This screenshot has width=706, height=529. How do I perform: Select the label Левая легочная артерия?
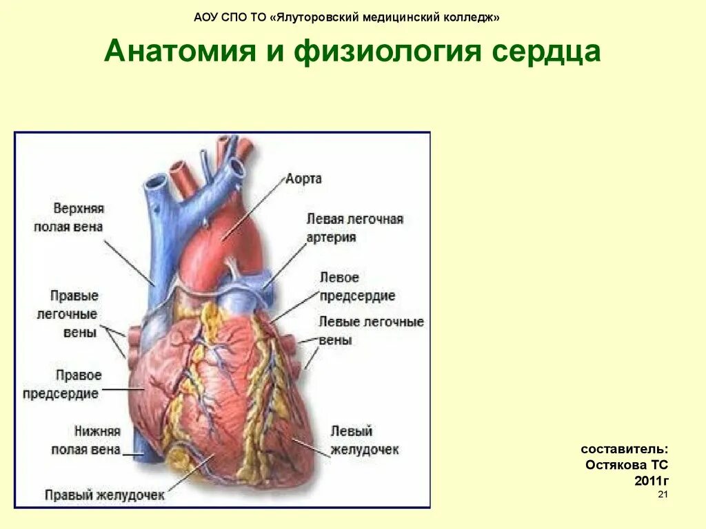[354, 228]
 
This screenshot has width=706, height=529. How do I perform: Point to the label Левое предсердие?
[357, 287]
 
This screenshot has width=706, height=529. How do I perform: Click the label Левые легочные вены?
[371, 331]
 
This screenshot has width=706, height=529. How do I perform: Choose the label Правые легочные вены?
[74, 314]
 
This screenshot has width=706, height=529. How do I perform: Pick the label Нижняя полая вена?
[86, 440]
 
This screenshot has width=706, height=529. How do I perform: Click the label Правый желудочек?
[105, 495]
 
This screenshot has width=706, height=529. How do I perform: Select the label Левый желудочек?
[365, 440]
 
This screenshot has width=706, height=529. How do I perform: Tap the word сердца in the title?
[543, 52]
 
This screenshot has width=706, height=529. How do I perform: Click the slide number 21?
[663, 495]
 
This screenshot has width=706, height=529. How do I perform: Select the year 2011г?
[652, 480]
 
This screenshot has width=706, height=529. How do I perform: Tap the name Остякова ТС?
[627, 465]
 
